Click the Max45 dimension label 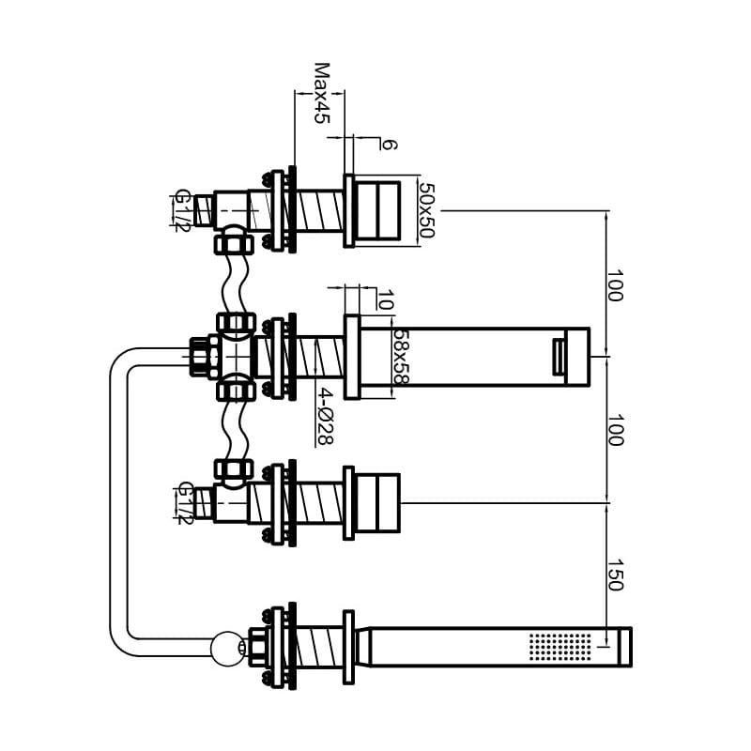tap(322, 93)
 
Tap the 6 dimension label tap(389, 145)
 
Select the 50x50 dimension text tap(426, 210)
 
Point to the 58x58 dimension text tap(402, 357)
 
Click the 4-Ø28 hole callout tap(325, 416)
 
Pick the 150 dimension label tap(615, 575)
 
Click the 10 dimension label tap(386, 299)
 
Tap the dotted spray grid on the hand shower tap(560, 647)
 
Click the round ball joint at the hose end tap(228, 648)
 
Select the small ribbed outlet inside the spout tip tap(559, 357)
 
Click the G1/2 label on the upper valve tap(182, 210)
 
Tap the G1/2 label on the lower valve tap(185, 503)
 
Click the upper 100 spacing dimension tap(615, 286)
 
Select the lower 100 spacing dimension tap(615, 430)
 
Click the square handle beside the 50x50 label tap(377, 210)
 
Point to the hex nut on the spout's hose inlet tap(199, 357)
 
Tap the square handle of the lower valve tap(378, 503)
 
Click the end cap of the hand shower tap(624, 647)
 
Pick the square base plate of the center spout tap(352, 357)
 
